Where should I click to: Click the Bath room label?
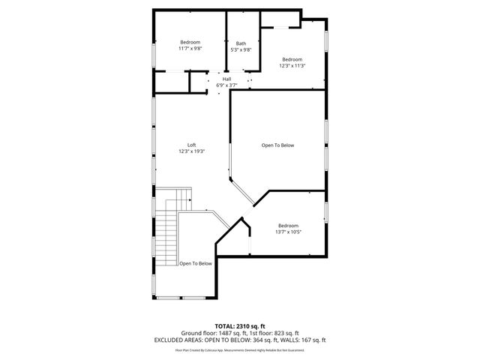[241, 43]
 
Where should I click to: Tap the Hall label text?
[226, 79]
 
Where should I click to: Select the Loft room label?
[192, 145]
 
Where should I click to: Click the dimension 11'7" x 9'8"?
[190, 49]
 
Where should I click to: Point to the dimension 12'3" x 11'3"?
[292, 65]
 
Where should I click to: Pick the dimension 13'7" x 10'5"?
[288, 232]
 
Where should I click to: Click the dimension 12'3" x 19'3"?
[192, 151]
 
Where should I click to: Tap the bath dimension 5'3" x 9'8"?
[241, 49]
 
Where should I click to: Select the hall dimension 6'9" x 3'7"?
[226, 85]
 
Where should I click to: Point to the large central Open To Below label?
[277, 145]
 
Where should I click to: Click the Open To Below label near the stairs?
[196, 263]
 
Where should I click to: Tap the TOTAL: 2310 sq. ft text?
[240, 326]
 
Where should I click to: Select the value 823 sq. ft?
[286, 332]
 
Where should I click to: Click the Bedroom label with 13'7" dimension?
[288, 226]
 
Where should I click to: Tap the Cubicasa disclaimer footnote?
[240, 349]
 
